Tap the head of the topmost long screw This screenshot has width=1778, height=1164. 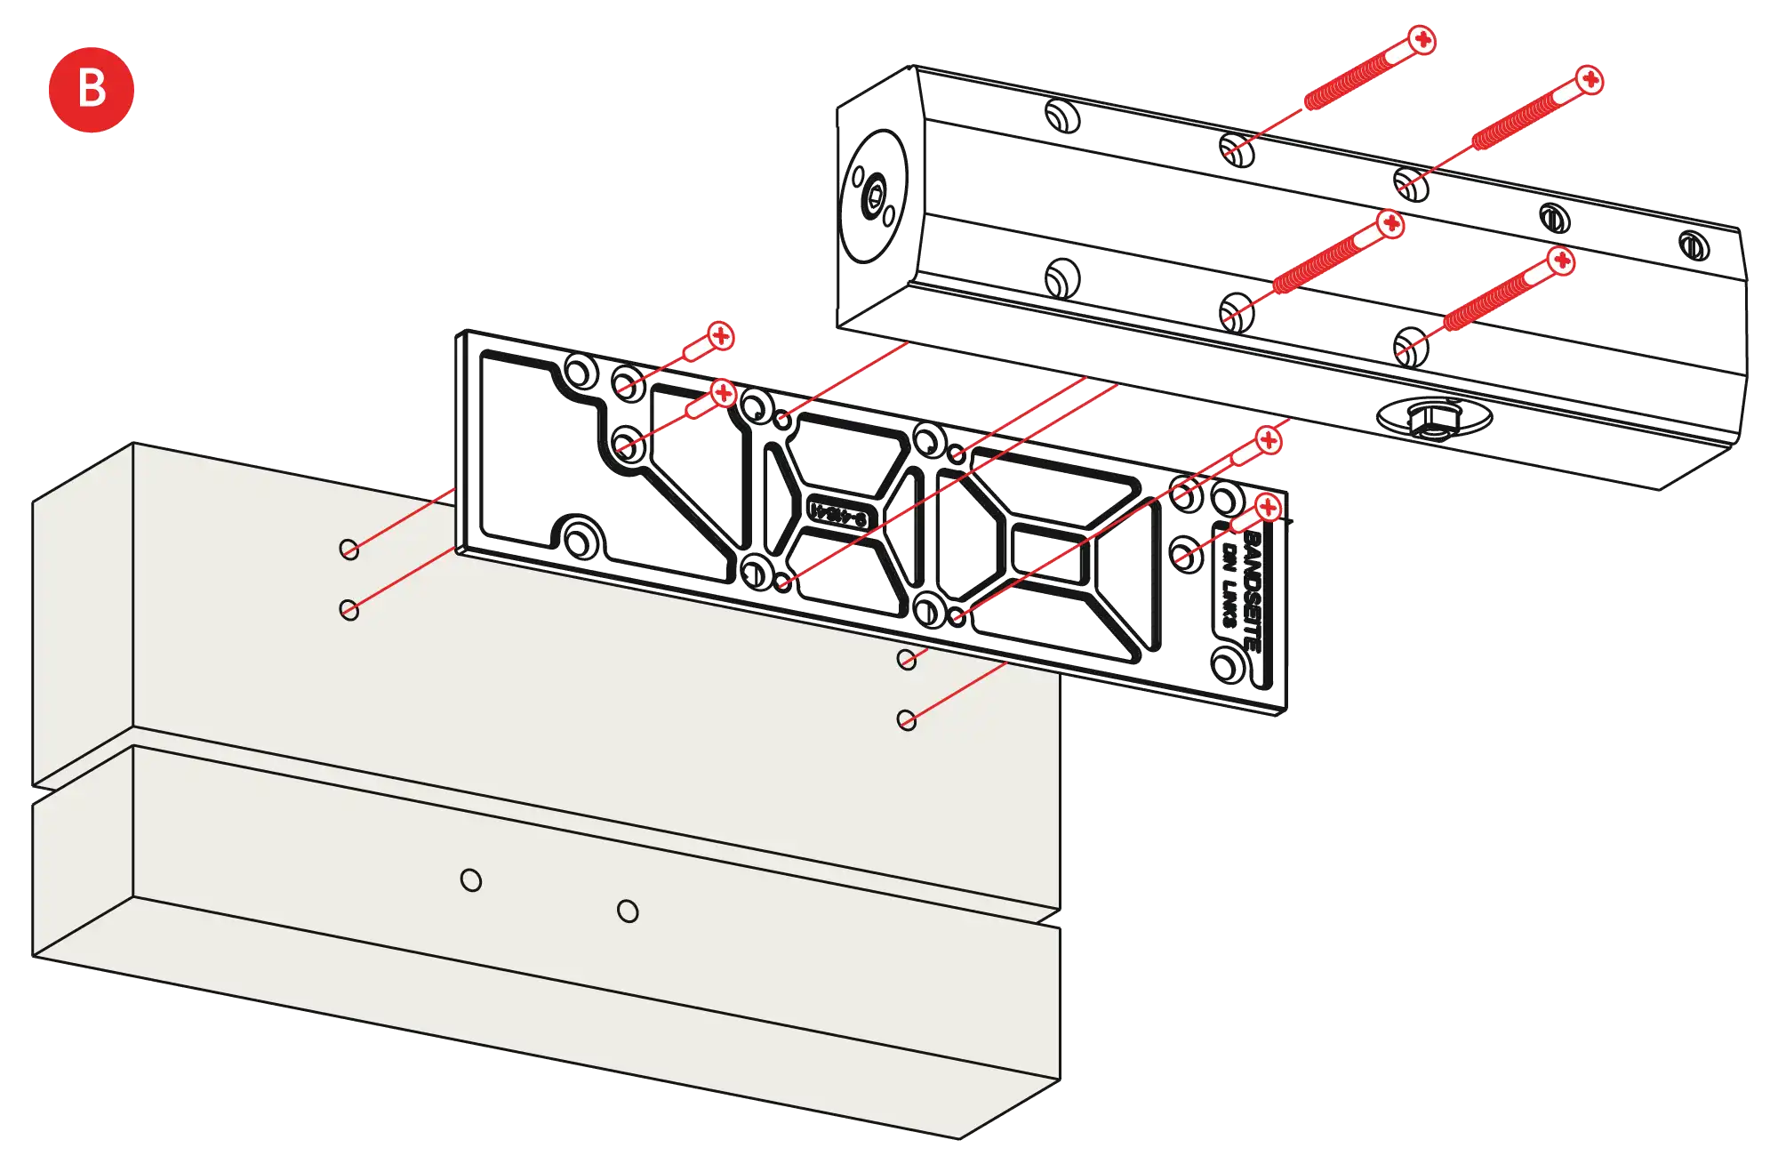tap(1422, 40)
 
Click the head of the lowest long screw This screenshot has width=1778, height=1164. tap(1560, 261)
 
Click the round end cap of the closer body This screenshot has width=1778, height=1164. tap(875, 197)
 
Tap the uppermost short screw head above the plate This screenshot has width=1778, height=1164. tap(721, 336)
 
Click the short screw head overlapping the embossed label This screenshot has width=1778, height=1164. tap(1267, 509)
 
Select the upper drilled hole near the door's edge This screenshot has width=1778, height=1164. tap(349, 549)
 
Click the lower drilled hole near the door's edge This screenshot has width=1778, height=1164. tap(349, 610)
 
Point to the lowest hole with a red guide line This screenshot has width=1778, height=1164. tap(907, 719)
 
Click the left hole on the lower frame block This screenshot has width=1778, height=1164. tap(471, 880)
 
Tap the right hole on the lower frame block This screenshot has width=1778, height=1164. tap(628, 911)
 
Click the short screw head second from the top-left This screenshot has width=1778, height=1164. tap(725, 392)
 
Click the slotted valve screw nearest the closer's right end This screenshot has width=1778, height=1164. tap(1694, 245)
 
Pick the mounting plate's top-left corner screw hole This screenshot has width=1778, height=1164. tap(581, 372)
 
